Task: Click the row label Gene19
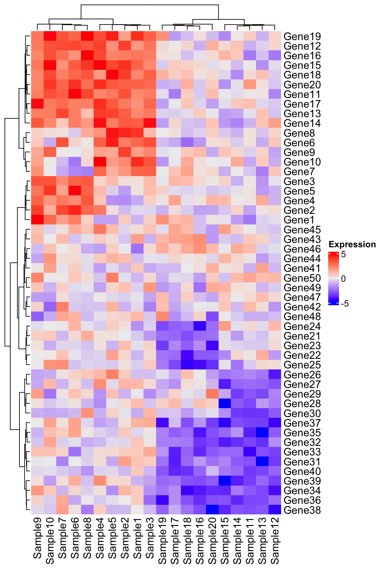(302, 36)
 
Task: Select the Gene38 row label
(302, 510)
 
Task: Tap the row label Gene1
(299, 220)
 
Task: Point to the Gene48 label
(302, 316)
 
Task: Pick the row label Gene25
(302, 365)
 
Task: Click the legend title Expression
(352, 245)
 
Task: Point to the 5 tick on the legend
(343, 255)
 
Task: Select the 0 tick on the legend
(343, 279)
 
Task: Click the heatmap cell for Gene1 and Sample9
(37, 220)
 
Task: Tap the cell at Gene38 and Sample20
(212, 510)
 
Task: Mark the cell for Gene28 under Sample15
(225, 404)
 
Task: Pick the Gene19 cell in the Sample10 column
(50, 36)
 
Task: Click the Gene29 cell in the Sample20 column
(212, 394)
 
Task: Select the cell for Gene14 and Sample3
(150, 123)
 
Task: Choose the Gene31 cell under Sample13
(262, 461)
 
